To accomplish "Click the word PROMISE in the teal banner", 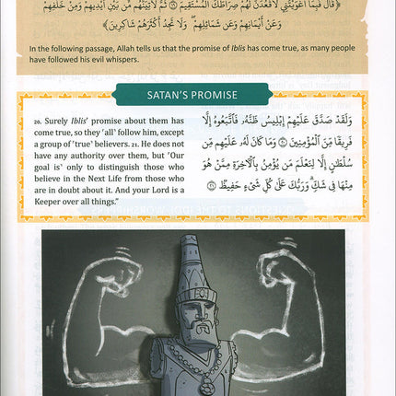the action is (217, 94).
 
